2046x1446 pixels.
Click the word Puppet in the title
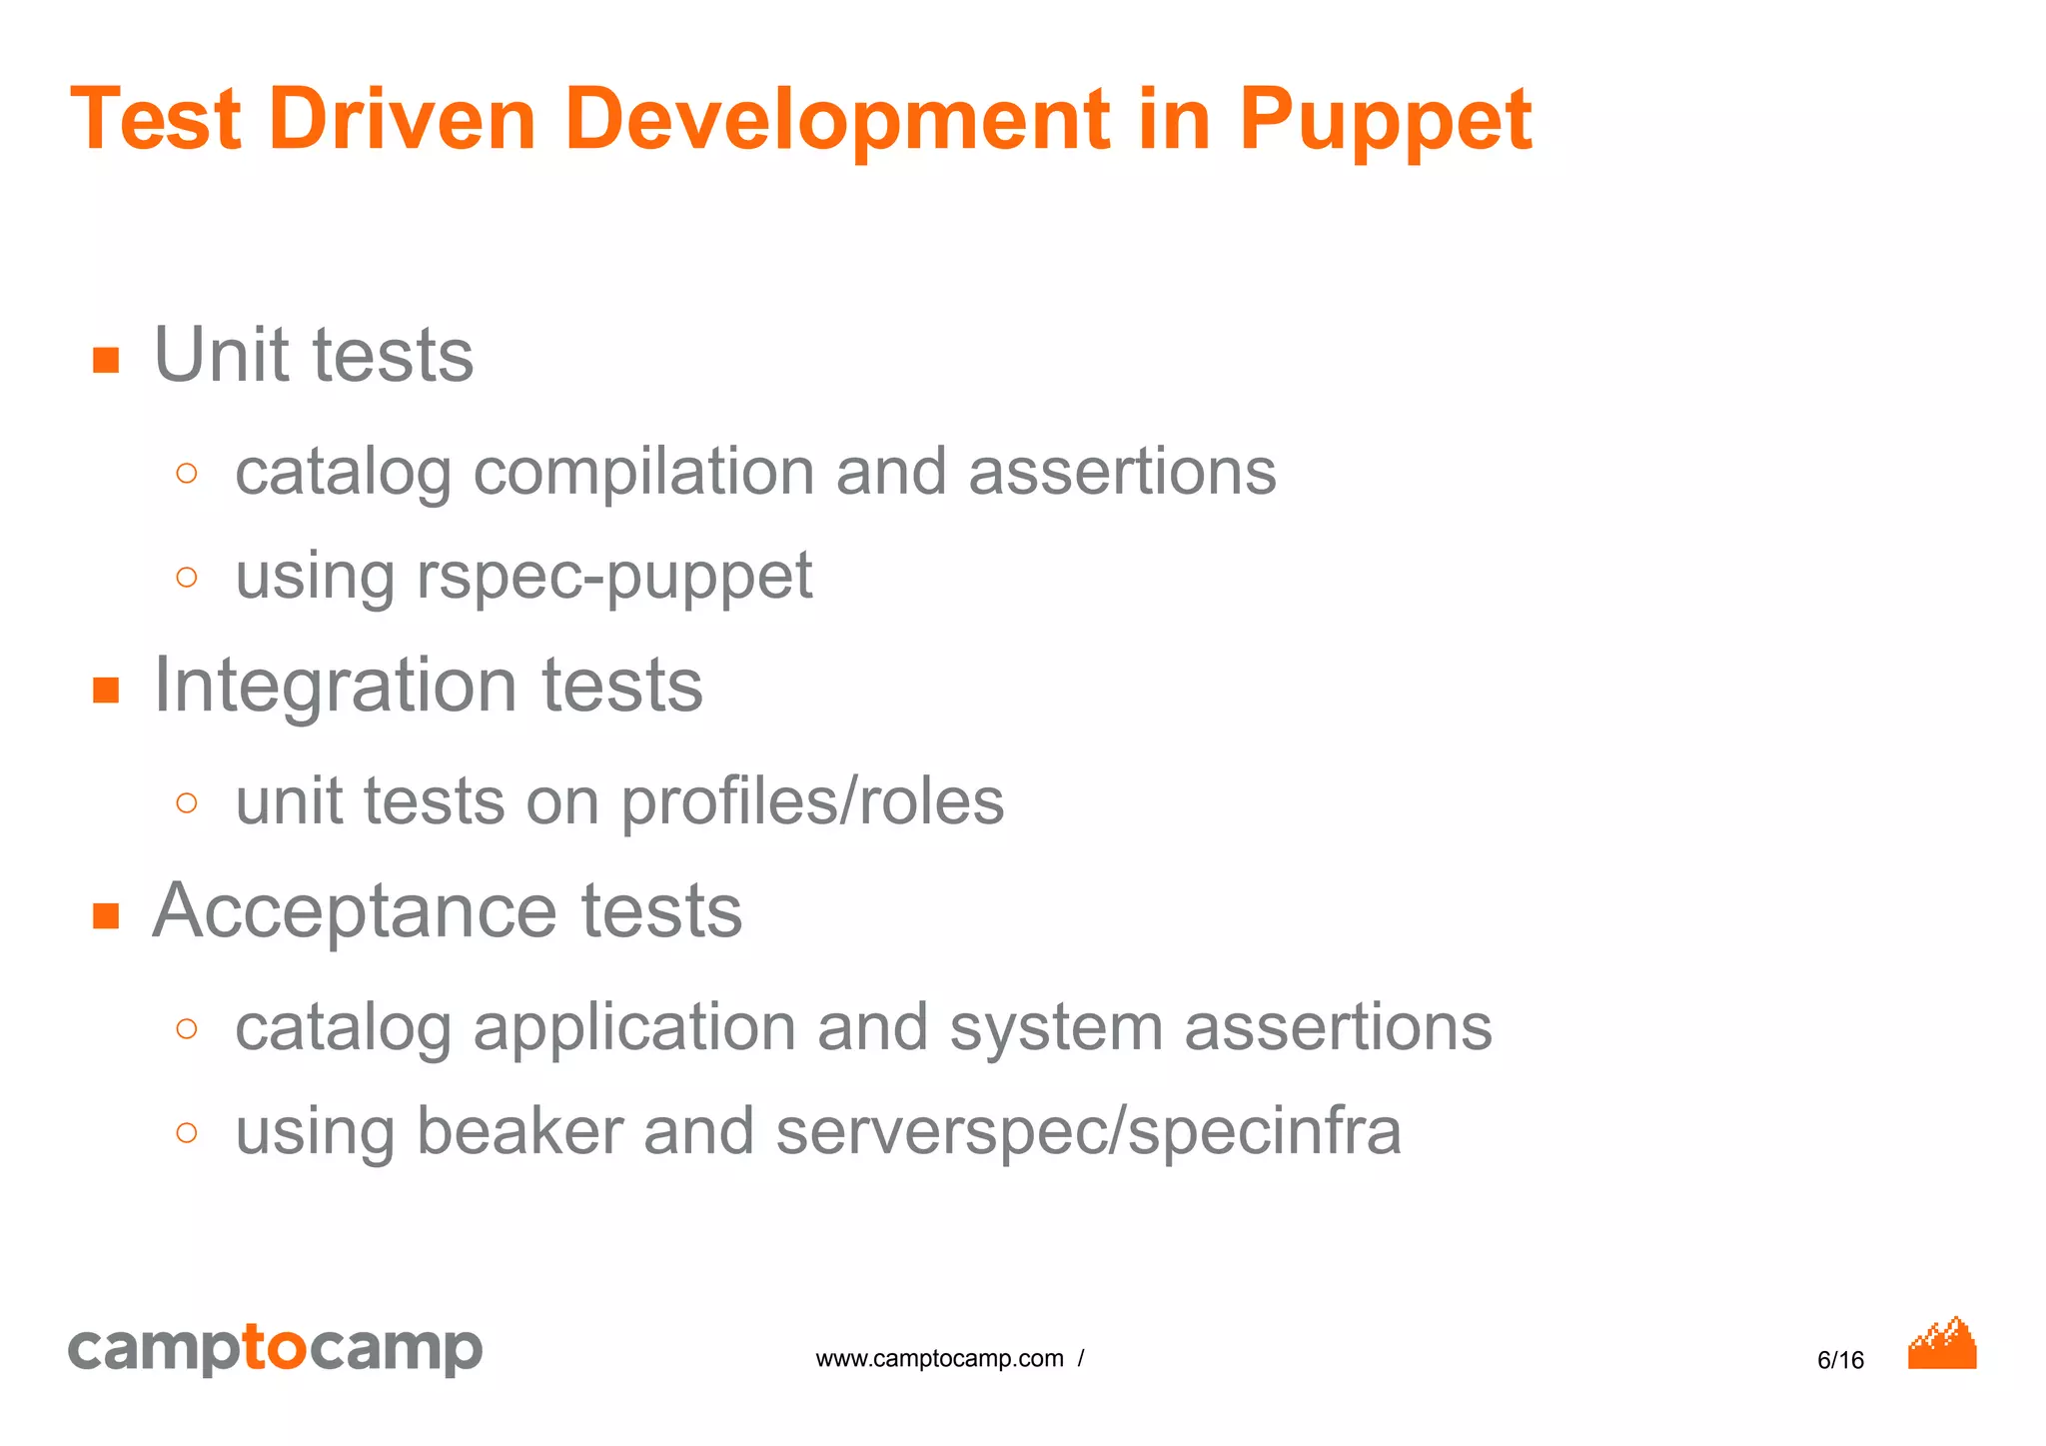pyautogui.click(x=1385, y=122)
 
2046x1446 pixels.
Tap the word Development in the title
pyautogui.click(x=837, y=122)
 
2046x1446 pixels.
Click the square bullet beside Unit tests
pyautogui.click(x=106, y=360)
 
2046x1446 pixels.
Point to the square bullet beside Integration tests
pyautogui.click(x=106, y=690)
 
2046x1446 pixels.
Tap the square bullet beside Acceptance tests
pyautogui.click(x=106, y=915)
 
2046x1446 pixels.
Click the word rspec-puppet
pyautogui.click(x=613, y=578)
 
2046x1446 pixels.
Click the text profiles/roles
pyautogui.click(x=812, y=802)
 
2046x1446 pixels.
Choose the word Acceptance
pyautogui.click(x=355, y=911)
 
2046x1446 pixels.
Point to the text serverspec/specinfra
pyautogui.click(x=1088, y=1132)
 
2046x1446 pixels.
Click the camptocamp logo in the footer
pyautogui.click(x=275, y=1350)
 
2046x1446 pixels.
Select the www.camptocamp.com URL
pyautogui.click(x=939, y=1359)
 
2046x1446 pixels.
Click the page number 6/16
pyautogui.click(x=1840, y=1360)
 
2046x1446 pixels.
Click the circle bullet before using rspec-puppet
pyautogui.click(x=187, y=577)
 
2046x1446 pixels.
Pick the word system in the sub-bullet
pyautogui.click(x=1056, y=1028)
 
